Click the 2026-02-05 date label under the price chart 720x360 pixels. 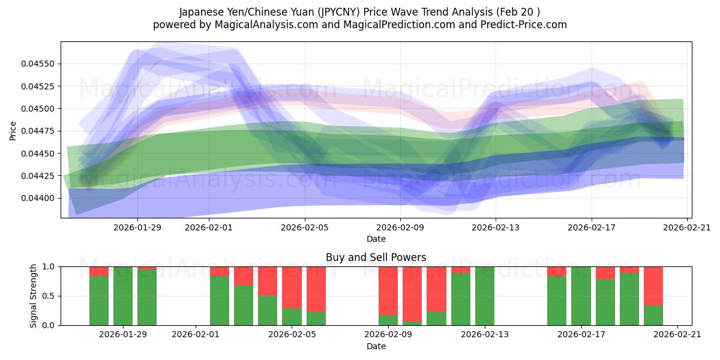[x=305, y=227]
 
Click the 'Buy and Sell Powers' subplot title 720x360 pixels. [x=376, y=257]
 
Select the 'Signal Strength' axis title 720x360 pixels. [x=34, y=296]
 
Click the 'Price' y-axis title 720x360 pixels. [x=13, y=130]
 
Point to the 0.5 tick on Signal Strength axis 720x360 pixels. [x=49, y=296]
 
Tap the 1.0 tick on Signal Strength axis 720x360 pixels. [x=49, y=267]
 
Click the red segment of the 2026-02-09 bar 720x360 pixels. [x=388, y=290]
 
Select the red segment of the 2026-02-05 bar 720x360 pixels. [x=292, y=287]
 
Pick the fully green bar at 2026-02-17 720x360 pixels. [x=581, y=296]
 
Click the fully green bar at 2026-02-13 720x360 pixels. [x=485, y=296]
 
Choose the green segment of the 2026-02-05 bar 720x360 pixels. [x=292, y=317]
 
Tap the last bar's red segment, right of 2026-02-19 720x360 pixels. [x=653, y=286]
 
